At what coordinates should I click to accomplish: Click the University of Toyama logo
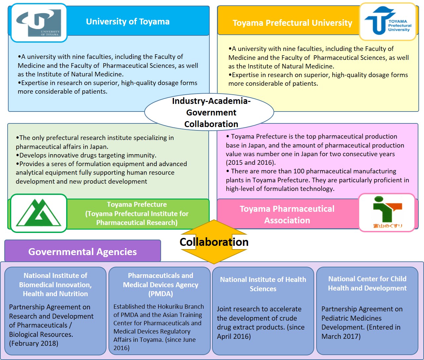[x=39, y=23]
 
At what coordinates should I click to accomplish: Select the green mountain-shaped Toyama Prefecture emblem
[x=39, y=213]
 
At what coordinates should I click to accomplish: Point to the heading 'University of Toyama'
[x=128, y=22]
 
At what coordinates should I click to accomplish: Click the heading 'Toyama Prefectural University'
[x=292, y=23]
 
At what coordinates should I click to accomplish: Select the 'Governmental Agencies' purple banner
[x=83, y=251]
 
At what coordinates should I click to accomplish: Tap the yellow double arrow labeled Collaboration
[x=214, y=242]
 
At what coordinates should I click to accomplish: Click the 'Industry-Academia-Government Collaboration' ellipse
[x=209, y=112]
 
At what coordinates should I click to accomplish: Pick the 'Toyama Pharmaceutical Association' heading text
[x=287, y=214]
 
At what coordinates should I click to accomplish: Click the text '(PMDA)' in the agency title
[x=161, y=294]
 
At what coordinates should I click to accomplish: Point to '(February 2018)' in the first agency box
[x=34, y=343]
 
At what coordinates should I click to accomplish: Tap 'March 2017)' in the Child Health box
[x=341, y=337]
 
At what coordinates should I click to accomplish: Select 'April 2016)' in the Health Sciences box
[x=234, y=337]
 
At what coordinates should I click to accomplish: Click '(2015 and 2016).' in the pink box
[x=251, y=162]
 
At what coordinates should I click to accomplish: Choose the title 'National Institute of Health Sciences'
[x=263, y=284]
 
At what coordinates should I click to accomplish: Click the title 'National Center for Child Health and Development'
[x=367, y=284]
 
